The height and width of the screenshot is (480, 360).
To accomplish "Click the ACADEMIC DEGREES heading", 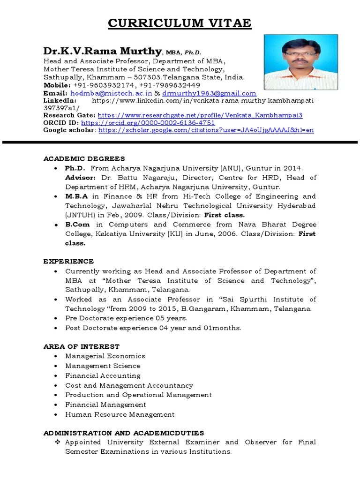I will pos(84,158).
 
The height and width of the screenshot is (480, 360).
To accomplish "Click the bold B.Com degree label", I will pos(76,224).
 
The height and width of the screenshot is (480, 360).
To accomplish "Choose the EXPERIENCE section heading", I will pos(68,261).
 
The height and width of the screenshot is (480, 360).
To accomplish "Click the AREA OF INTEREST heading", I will pos(82,346).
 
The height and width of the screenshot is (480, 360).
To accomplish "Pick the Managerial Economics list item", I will pos(105,356).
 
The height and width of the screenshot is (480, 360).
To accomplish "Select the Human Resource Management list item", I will pos(120,414).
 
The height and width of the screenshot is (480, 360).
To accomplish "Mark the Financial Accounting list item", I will pos(103,375).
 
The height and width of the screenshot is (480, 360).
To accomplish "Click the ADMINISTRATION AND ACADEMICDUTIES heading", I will pos(124,433).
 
